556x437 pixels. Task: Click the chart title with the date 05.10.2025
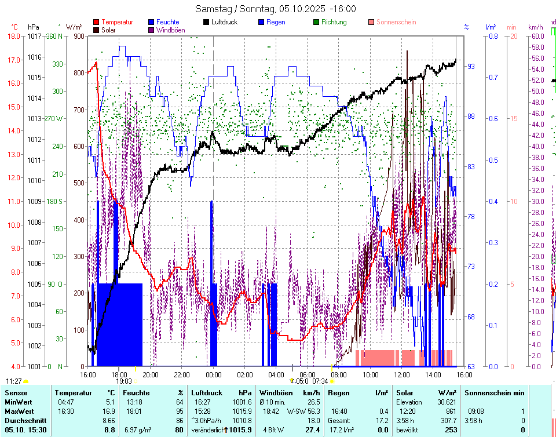pyautogui.click(x=276, y=9)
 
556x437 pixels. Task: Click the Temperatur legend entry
pyautogui.click(x=117, y=22)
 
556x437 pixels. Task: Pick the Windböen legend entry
pyautogui.click(x=171, y=30)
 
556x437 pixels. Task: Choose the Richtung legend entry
pyautogui.click(x=334, y=22)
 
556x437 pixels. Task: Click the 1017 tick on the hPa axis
pyautogui.click(x=34, y=36)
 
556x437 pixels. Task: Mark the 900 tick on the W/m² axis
pyautogui.click(x=78, y=36)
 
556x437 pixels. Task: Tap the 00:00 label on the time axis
pyautogui.click(x=214, y=374)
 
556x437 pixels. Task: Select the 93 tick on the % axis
pyautogui.click(x=471, y=67)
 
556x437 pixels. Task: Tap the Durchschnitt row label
pyautogui.click(x=23, y=420)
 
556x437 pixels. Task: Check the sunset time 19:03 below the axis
pyautogui.click(x=124, y=381)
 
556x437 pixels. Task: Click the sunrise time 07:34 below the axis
pyautogui.click(x=320, y=381)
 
